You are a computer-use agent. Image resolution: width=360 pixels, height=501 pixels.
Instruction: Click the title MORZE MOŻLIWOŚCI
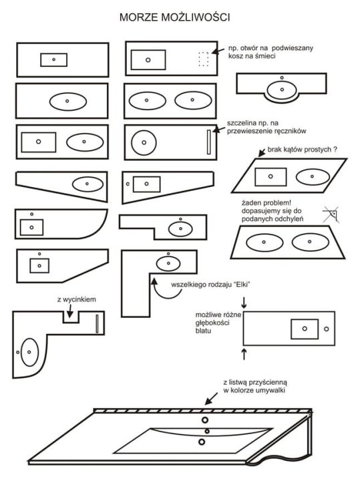(174, 17)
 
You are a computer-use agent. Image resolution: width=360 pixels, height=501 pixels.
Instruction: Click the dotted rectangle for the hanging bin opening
(204, 59)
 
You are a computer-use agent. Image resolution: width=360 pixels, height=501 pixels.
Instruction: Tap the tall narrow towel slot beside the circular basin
(209, 142)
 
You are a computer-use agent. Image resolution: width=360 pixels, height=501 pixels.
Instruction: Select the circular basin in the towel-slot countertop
(144, 142)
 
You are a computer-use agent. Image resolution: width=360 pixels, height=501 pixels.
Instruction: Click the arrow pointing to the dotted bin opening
(218, 51)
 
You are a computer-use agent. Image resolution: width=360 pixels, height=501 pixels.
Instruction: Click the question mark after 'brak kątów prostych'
(335, 149)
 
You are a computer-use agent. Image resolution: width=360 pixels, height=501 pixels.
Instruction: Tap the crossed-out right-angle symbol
(331, 214)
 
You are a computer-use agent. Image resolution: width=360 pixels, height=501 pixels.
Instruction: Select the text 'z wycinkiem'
(77, 300)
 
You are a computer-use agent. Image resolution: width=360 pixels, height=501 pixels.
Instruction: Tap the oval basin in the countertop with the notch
(29, 352)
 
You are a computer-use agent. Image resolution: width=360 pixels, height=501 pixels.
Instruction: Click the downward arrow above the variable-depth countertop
(244, 303)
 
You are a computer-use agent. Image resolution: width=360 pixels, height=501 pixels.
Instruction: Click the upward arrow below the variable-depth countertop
(244, 354)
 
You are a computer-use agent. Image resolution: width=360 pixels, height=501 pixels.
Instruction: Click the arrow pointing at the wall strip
(212, 399)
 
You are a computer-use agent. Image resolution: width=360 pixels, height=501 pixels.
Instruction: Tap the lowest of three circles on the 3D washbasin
(202, 442)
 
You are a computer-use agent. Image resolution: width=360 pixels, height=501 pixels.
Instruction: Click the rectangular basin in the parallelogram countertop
(271, 177)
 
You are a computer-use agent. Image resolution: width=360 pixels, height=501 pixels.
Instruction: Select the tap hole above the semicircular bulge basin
(282, 77)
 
